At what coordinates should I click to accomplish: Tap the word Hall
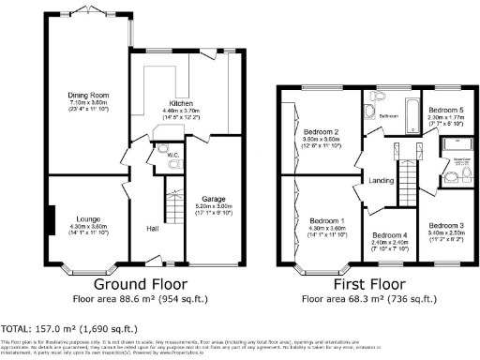153,228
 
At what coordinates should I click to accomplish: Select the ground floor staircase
172,208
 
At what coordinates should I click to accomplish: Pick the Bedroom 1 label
327,221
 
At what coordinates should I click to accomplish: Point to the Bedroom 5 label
445,110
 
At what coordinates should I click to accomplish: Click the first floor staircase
407,176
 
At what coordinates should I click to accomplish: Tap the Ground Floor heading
141,284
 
